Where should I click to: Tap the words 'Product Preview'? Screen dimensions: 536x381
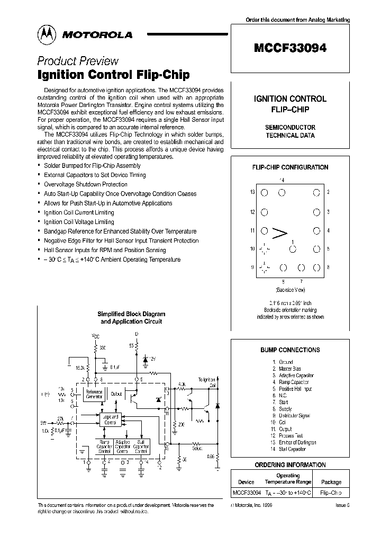click(x=78, y=61)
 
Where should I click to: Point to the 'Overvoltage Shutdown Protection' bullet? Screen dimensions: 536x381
click(x=86, y=184)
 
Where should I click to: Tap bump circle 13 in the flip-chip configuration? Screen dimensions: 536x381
click(x=264, y=193)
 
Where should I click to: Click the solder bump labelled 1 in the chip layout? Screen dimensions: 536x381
click(x=292, y=249)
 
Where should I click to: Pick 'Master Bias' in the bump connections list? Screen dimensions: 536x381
click(x=291, y=369)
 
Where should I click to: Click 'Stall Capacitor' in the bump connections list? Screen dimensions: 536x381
click(x=292, y=449)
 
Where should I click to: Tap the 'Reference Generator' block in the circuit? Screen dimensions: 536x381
click(x=94, y=395)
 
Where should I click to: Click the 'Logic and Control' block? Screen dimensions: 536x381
click(x=110, y=419)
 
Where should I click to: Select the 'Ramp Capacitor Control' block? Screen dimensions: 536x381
click(x=104, y=446)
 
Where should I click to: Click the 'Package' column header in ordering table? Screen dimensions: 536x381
click(x=331, y=482)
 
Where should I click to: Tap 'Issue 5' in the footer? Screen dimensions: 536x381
click(x=342, y=506)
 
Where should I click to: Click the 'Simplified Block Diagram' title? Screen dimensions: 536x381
click(x=131, y=314)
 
